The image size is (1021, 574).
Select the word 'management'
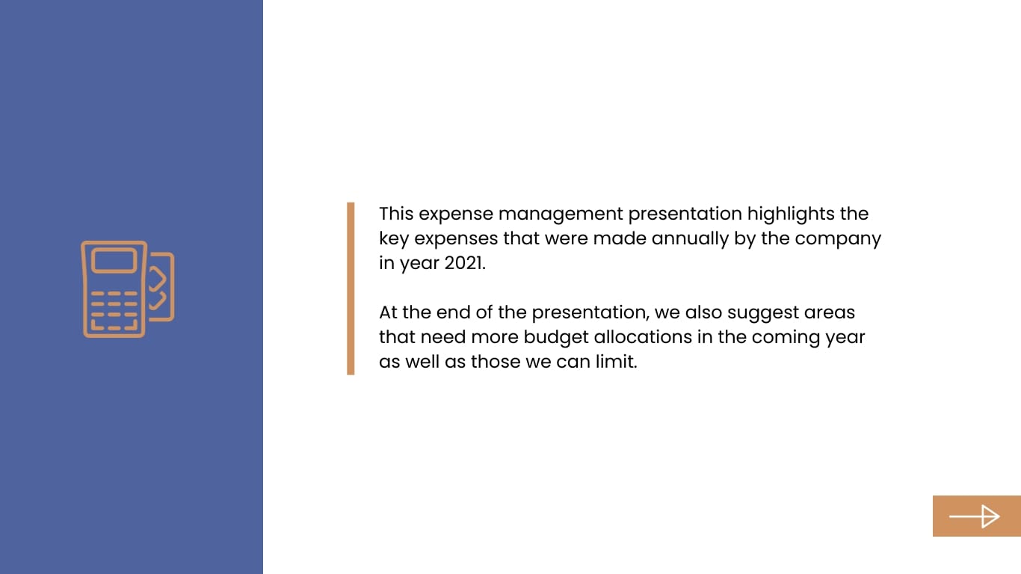(x=560, y=214)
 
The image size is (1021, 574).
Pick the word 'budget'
(x=556, y=337)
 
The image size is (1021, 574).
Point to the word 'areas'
(x=829, y=312)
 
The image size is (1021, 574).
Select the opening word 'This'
(x=396, y=214)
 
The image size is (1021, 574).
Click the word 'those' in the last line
(x=496, y=362)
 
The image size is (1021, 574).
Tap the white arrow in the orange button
(x=975, y=516)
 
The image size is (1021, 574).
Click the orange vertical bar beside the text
(x=351, y=288)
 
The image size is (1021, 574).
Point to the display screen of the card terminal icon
(x=114, y=261)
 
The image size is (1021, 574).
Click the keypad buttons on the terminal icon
(x=114, y=309)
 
